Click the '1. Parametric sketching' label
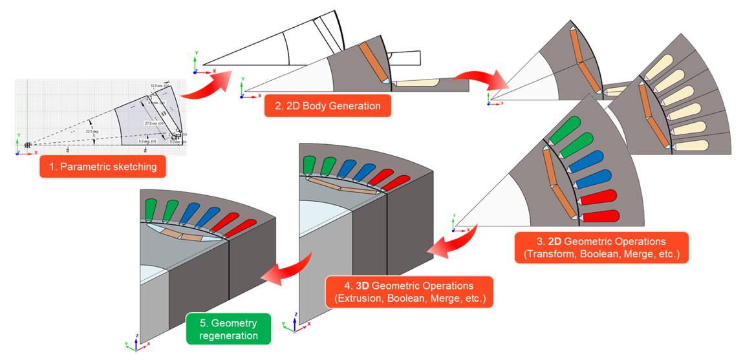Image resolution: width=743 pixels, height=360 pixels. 102,167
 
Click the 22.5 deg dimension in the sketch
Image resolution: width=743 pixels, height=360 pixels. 92,131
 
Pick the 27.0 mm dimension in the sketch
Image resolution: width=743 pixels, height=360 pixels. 151,123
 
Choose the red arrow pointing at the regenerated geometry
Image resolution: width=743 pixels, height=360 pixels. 284,271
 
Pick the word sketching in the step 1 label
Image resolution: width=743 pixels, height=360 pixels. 136,167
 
